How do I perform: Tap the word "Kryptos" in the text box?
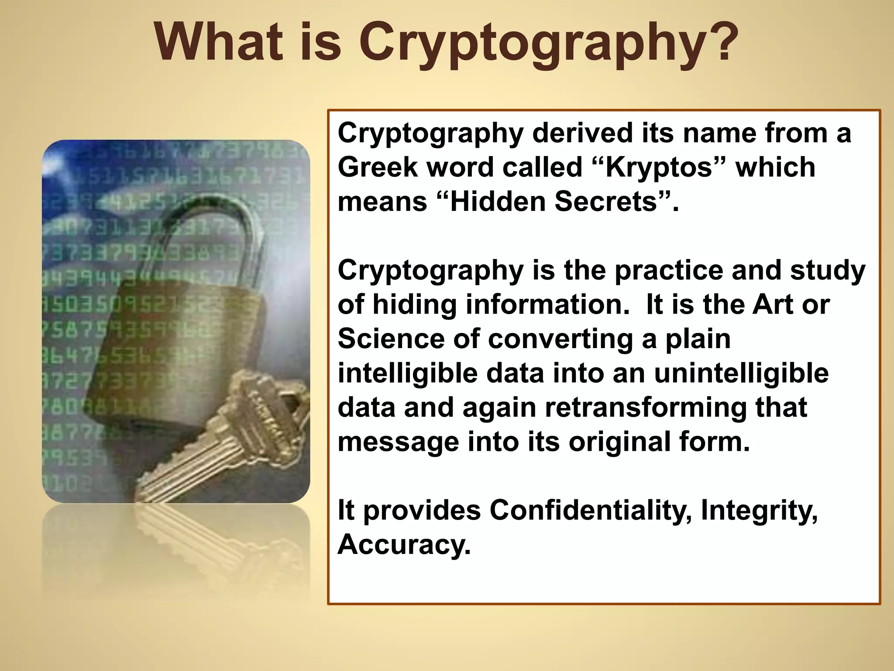[659, 167]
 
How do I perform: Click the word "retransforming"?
[646, 408]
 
